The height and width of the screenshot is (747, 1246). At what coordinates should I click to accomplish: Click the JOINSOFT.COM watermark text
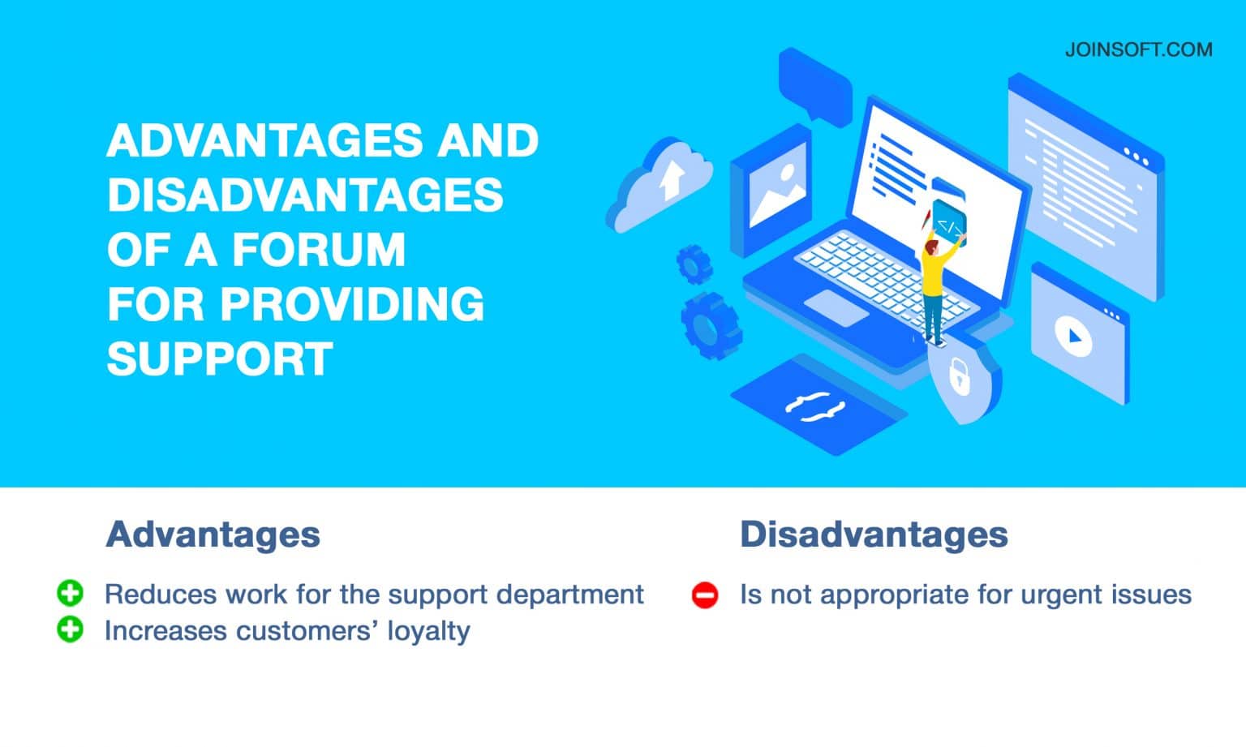[x=1138, y=49]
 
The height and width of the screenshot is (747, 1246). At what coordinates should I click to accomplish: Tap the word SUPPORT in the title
[x=220, y=358]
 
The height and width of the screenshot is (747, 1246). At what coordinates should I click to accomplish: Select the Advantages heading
[x=213, y=534]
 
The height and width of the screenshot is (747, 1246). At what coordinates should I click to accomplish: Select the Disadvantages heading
[x=874, y=534]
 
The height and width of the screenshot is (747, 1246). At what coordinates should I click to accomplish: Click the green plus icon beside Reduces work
[x=71, y=594]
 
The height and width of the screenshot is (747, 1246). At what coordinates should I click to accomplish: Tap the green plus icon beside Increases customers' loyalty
[x=71, y=629]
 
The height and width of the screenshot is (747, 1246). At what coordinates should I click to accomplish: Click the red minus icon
[x=705, y=595]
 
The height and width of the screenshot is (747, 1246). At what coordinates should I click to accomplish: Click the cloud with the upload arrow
[x=662, y=182]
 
